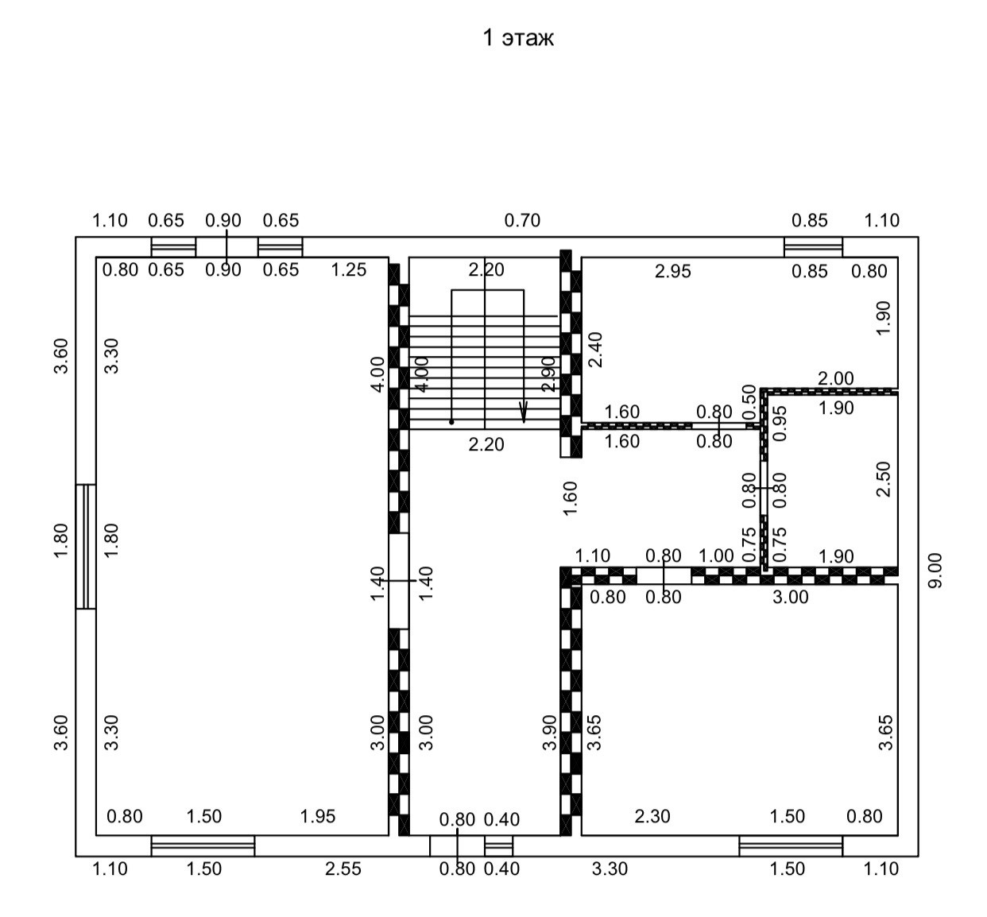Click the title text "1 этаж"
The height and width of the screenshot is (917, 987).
click(518, 38)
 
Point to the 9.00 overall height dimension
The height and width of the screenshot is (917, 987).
click(936, 570)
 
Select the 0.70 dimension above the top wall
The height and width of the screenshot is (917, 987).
click(522, 220)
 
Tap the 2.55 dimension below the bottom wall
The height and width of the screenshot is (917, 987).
click(343, 869)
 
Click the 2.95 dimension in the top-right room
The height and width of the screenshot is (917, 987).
click(673, 271)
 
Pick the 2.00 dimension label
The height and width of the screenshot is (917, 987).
click(836, 379)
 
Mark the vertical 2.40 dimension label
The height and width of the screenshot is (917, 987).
click(595, 350)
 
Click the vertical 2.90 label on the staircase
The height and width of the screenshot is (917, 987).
click(548, 373)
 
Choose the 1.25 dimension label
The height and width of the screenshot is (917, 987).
click(349, 269)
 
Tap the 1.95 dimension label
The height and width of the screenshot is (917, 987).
click(318, 816)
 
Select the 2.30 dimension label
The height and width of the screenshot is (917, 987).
click(652, 816)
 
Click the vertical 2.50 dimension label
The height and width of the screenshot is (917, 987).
click(883, 479)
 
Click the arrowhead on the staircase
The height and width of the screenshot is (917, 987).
click(523, 414)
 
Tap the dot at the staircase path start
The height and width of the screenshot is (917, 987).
click(451, 422)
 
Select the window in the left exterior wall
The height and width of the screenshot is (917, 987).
click(86, 546)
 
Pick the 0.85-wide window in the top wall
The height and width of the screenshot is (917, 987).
click(813, 246)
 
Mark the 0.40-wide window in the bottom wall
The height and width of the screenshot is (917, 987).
click(499, 845)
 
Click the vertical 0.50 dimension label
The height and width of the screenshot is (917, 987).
click(749, 396)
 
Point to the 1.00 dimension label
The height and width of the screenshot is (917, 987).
click(716, 555)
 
